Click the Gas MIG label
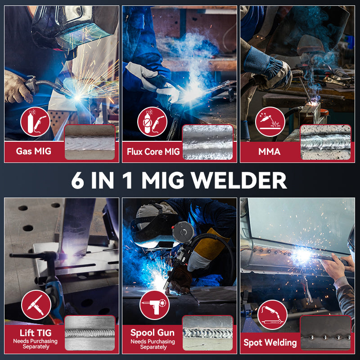(34, 151)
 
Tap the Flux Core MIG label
(153, 152)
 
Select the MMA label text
(270, 152)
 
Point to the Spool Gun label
(153, 333)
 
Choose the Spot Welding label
(270, 342)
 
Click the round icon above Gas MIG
(35, 121)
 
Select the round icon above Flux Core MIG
(153, 121)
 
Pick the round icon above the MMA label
(270, 121)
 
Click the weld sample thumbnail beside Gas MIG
(90, 142)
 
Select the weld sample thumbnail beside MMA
(325, 142)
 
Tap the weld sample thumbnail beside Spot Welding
(325, 333)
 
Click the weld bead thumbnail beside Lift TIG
(90, 333)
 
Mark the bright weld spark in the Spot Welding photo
(302, 256)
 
